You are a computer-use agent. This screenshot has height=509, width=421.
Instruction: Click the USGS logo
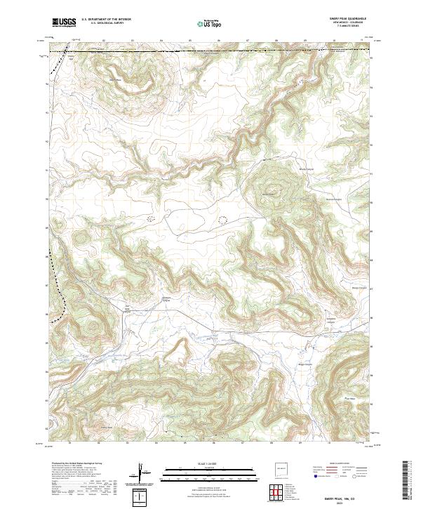tap(64, 22)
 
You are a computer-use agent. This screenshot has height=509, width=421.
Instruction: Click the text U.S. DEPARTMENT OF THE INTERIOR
tap(107, 20)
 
